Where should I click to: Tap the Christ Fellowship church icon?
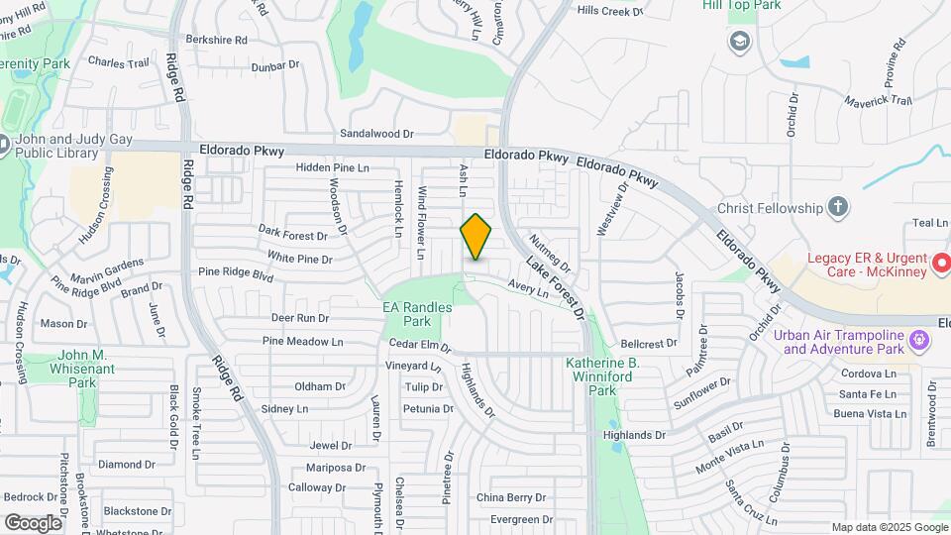(x=838, y=207)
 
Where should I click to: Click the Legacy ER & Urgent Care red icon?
(x=916, y=265)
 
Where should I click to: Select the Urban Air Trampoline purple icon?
(x=920, y=341)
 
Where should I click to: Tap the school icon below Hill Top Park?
(x=738, y=42)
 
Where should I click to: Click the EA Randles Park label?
(x=419, y=314)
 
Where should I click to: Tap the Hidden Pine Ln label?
(x=332, y=168)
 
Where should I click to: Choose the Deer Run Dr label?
(x=299, y=318)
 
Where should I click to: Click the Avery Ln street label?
(x=528, y=288)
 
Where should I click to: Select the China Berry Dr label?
(x=511, y=497)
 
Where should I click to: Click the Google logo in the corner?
(x=33, y=522)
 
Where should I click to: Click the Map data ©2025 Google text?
(x=889, y=527)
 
